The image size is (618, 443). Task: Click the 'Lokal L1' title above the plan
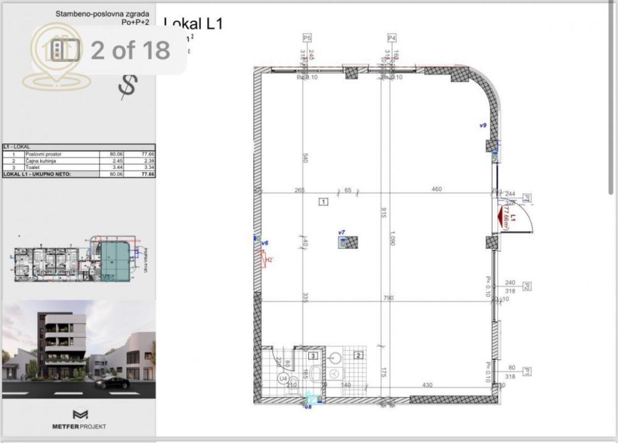pyautogui.click(x=193, y=24)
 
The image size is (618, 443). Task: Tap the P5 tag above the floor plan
pyautogui.click(x=306, y=38)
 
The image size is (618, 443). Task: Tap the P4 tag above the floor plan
pyautogui.click(x=392, y=38)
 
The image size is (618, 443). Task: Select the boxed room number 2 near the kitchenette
pyautogui.click(x=358, y=355)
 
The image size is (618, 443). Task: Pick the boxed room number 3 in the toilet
pyautogui.click(x=313, y=356)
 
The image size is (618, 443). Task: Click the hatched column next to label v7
pyautogui.click(x=351, y=243)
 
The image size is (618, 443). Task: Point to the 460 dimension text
pyautogui.click(x=436, y=189)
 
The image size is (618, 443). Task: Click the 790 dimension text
pyautogui.click(x=389, y=298)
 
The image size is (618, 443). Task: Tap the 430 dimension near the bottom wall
pyautogui.click(x=426, y=385)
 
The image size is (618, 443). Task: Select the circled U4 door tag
pyautogui.click(x=284, y=377)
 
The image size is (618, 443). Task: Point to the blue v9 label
pyautogui.click(x=483, y=125)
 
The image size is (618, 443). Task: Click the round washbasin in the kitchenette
pyautogui.click(x=337, y=357)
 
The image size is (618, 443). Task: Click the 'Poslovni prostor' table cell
pyautogui.click(x=43, y=153)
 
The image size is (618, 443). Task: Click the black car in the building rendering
pyautogui.click(x=112, y=383)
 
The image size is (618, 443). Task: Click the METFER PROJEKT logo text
pyautogui.click(x=79, y=427)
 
